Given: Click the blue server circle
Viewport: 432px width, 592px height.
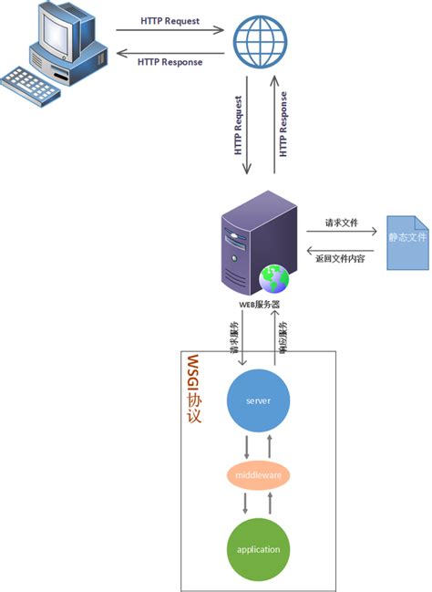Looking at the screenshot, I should (258, 400).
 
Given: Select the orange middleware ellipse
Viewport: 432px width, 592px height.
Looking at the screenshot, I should (258, 475).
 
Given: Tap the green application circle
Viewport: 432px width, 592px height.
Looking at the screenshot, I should (258, 549).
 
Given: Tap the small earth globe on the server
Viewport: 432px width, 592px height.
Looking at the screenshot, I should (273, 278).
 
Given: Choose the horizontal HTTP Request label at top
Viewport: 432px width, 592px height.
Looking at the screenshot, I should (170, 19).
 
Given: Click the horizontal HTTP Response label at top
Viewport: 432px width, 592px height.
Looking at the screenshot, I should (170, 62).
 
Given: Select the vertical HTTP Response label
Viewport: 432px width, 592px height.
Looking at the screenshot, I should (283, 124).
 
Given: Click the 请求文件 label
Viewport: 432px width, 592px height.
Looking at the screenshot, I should (343, 222).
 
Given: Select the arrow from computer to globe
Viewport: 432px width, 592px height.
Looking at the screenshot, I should (170, 30).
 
